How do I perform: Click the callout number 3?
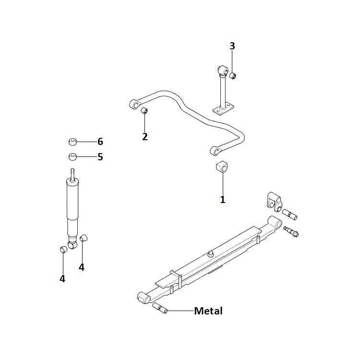(232, 46)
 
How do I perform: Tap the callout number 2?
(145, 137)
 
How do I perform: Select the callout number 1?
(223, 199)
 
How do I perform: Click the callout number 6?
(100, 142)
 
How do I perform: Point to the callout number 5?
(100, 157)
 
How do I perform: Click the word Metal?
(208, 311)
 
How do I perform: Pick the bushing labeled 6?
(72, 142)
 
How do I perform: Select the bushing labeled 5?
(72, 157)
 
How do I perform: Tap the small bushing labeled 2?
(144, 110)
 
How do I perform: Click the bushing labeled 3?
(233, 75)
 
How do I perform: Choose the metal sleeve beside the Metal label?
(160, 308)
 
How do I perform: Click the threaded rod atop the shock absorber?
(72, 175)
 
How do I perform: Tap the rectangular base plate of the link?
(223, 110)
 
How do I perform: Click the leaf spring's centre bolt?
(210, 254)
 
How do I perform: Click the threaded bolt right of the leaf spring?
(291, 231)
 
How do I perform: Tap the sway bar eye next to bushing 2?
(134, 105)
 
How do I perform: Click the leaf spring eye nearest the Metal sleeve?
(144, 298)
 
